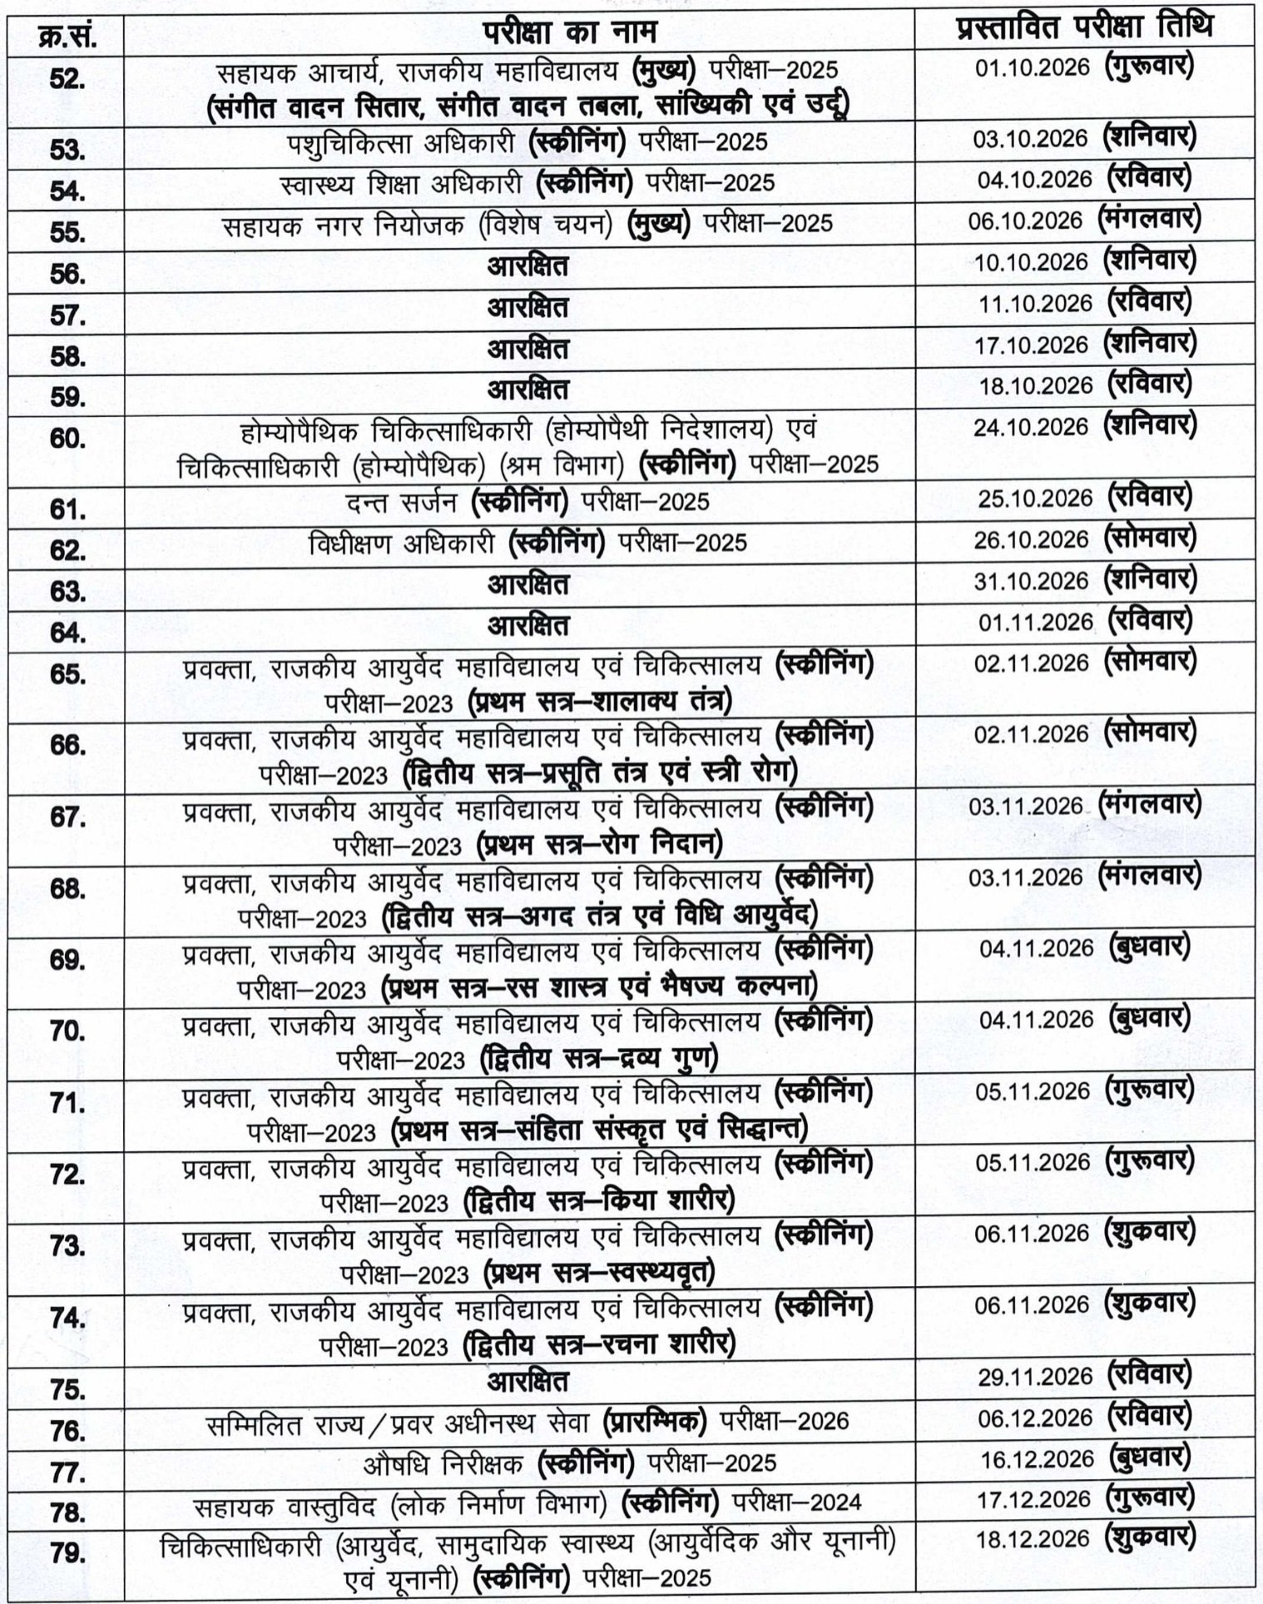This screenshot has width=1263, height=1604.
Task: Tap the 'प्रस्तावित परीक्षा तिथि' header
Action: [1084, 30]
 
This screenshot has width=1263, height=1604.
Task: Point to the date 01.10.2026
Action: [1032, 68]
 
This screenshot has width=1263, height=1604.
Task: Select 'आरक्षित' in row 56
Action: [527, 266]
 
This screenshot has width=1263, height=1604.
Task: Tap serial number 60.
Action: [68, 439]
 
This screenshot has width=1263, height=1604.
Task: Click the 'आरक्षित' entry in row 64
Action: [527, 624]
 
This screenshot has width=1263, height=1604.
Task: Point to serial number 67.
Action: [68, 817]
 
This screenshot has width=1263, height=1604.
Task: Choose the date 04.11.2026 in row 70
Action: [1036, 1020]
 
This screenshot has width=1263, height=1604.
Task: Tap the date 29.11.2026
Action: [1035, 1377]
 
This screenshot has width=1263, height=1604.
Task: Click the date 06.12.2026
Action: [1035, 1418]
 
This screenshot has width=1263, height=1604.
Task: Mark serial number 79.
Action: [68, 1553]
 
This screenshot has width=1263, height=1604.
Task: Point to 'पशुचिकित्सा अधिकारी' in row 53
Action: [402, 143]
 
